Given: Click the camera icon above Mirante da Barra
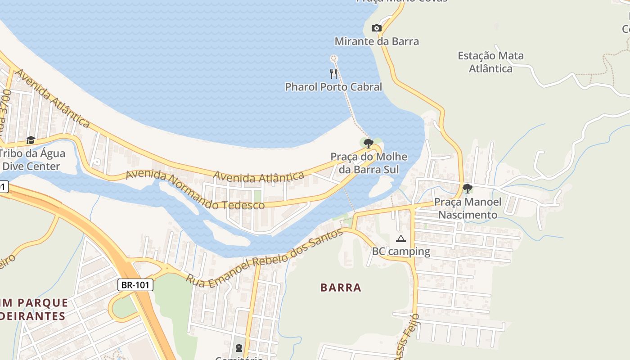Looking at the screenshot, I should click(377, 28).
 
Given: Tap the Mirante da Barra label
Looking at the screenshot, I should click(377, 41).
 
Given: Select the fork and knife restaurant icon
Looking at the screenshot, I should click(333, 74).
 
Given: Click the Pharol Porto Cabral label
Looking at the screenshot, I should click(333, 87).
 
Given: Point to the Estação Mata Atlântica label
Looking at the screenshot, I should click(490, 62).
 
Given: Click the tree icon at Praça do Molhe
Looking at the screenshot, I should click(369, 144).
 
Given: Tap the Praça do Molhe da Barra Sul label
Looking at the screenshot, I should click(369, 163).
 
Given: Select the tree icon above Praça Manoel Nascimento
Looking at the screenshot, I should click(468, 189).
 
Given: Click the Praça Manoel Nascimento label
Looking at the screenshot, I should click(468, 208).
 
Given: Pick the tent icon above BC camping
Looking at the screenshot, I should click(401, 238).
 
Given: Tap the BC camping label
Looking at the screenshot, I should click(401, 252).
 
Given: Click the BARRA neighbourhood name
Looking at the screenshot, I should click(341, 288).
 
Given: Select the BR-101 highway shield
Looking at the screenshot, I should click(136, 285).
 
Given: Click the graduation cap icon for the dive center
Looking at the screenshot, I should click(31, 140).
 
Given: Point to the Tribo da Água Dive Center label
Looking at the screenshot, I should click(31, 160).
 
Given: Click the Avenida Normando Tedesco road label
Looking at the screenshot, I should click(194, 190).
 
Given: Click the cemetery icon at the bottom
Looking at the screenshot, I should click(238, 348).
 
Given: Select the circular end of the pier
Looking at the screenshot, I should click(333, 58).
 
